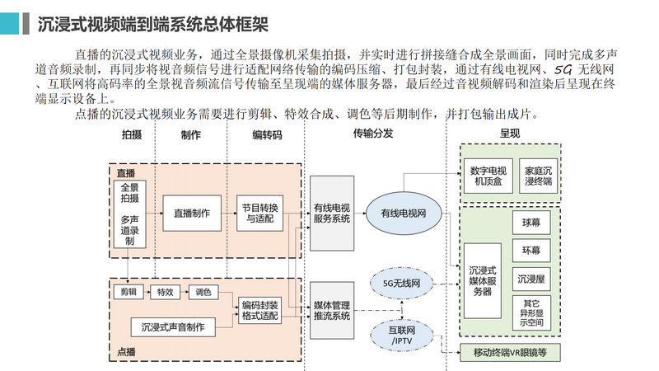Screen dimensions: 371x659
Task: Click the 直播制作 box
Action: point(192,213)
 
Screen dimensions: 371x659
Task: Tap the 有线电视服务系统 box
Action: point(333,213)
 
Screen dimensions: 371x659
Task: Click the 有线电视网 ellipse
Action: point(403,214)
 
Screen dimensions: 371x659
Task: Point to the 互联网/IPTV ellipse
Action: point(401,336)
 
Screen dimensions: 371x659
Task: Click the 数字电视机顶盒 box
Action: point(489,176)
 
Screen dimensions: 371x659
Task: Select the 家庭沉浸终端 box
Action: point(541,176)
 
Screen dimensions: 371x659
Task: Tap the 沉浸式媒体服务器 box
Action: point(482,280)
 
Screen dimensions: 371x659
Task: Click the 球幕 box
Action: point(531,222)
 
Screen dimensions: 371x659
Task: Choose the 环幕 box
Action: point(531,250)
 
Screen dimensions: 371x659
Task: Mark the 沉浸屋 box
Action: point(531,278)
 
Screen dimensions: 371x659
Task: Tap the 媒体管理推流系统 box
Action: point(333,310)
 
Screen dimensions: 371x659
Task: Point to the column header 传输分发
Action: point(373,134)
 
